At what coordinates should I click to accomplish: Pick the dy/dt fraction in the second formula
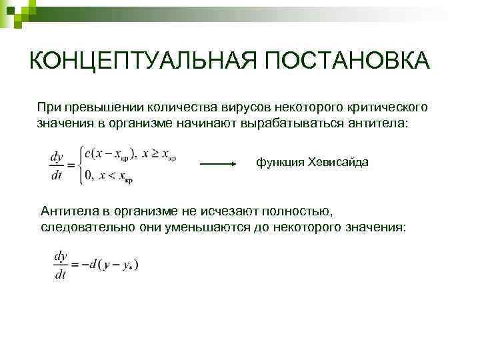click(x=60, y=264)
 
